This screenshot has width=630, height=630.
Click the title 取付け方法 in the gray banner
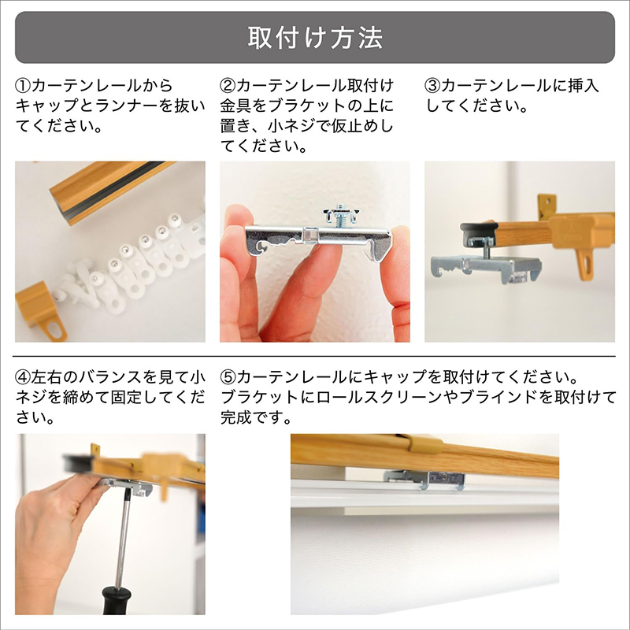pyautogui.click(x=315, y=38)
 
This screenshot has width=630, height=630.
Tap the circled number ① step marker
pyautogui.click(x=23, y=86)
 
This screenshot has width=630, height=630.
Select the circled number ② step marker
pyautogui.click(x=228, y=86)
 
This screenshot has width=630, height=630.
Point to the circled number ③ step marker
pyautogui.click(x=432, y=86)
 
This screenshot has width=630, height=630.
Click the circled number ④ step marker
pyautogui.click(x=23, y=377)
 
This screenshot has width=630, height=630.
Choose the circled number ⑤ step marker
pyautogui.click(x=228, y=377)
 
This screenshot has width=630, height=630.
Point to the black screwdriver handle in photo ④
pyautogui.click(x=115, y=600)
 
